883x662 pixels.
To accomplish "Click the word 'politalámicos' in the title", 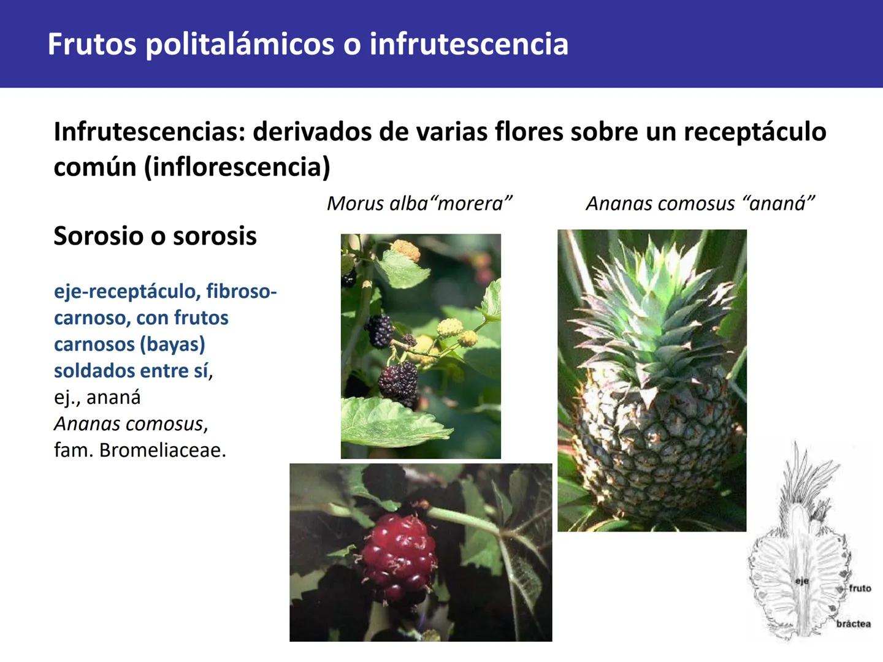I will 240,45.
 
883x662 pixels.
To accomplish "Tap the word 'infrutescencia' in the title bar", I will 469,45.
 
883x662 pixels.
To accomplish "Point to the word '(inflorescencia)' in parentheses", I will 237,167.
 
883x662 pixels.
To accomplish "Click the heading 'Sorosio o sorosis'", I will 155,236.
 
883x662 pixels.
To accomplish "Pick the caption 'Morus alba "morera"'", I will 419,203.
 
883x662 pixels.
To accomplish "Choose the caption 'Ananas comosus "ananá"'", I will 700,203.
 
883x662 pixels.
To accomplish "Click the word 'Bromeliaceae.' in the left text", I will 162,451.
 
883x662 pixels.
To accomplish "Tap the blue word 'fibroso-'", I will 242,291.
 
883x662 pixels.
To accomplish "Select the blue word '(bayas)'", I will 172,344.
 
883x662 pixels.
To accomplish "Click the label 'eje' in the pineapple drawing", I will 801,580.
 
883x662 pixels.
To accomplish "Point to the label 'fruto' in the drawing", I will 860,588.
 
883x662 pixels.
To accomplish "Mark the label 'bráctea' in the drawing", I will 853,624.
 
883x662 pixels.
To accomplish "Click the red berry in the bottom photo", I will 399,555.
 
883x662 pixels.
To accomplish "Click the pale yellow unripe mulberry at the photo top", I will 405,249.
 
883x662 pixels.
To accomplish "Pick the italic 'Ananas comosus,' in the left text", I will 131,424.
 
